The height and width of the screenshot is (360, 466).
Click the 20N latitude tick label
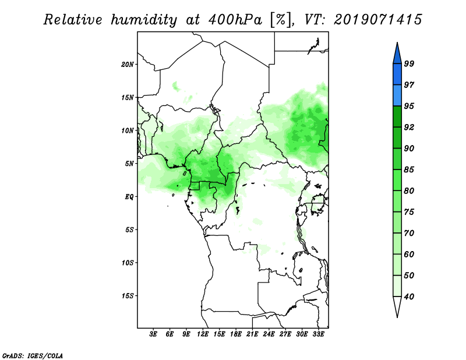(128, 64)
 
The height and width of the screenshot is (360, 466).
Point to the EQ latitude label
(129, 196)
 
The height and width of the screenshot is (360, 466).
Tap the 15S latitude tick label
(128, 296)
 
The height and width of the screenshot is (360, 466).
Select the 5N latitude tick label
(129, 164)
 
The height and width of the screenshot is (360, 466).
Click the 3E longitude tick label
(153, 334)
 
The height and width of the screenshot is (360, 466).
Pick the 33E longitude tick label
(318, 334)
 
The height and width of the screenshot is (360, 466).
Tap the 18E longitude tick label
(236, 334)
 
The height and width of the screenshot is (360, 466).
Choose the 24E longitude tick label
(269, 334)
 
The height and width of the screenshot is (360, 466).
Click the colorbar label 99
(409, 63)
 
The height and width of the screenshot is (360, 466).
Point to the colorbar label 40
(409, 297)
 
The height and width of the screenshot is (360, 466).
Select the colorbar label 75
(409, 211)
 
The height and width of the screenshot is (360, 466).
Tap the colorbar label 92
(409, 127)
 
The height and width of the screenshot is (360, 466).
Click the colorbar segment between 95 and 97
(397, 96)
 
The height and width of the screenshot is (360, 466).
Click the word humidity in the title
(144, 20)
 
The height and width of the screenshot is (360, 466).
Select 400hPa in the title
(235, 20)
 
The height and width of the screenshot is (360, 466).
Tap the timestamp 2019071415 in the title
(377, 20)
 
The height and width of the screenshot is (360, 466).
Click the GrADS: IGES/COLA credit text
(33, 355)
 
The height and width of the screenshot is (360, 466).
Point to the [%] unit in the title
(281, 20)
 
